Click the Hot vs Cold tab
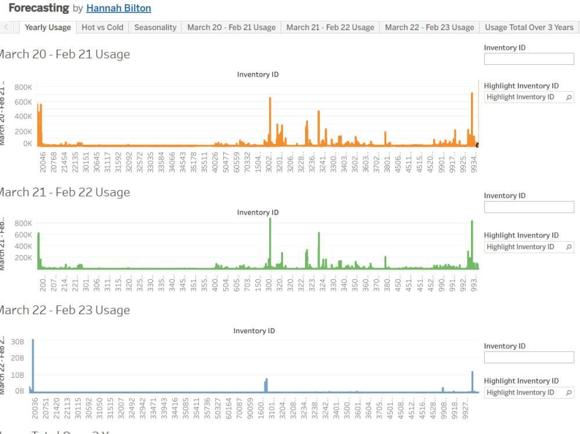point(102,27)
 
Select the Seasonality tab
point(155,27)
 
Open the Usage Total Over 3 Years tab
point(529,27)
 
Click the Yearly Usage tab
point(48,27)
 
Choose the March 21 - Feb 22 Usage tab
point(330,27)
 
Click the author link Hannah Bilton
point(118,8)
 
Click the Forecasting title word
point(39,8)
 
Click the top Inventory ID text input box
point(528,59)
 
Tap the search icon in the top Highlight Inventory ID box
point(568,97)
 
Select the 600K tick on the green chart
point(23,235)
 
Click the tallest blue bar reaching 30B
point(33,365)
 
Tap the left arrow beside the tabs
point(6,27)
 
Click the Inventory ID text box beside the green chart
point(528,207)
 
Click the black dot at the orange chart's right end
point(477,145)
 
